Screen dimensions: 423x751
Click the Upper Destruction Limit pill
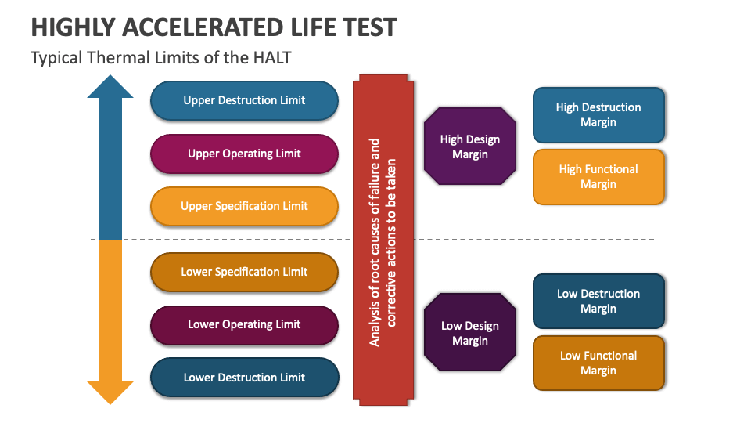click(x=244, y=100)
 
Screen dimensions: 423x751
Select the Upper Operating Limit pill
click(x=244, y=154)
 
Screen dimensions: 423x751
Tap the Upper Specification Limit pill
click(x=244, y=206)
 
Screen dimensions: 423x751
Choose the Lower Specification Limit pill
click(x=244, y=272)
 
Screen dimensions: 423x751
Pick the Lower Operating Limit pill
click(x=244, y=324)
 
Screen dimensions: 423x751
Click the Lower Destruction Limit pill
click(x=244, y=378)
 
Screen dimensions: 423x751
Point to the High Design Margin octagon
click(x=469, y=146)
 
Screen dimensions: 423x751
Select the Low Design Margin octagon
click(x=469, y=333)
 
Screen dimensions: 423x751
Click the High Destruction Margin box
click(x=598, y=114)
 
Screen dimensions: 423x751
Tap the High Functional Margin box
click(x=598, y=176)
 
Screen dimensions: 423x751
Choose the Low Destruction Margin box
click(x=598, y=301)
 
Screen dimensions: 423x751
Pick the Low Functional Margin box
click(x=598, y=363)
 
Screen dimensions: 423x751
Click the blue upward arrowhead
click(x=110, y=87)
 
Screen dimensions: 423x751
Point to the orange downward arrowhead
click(x=110, y=392)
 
